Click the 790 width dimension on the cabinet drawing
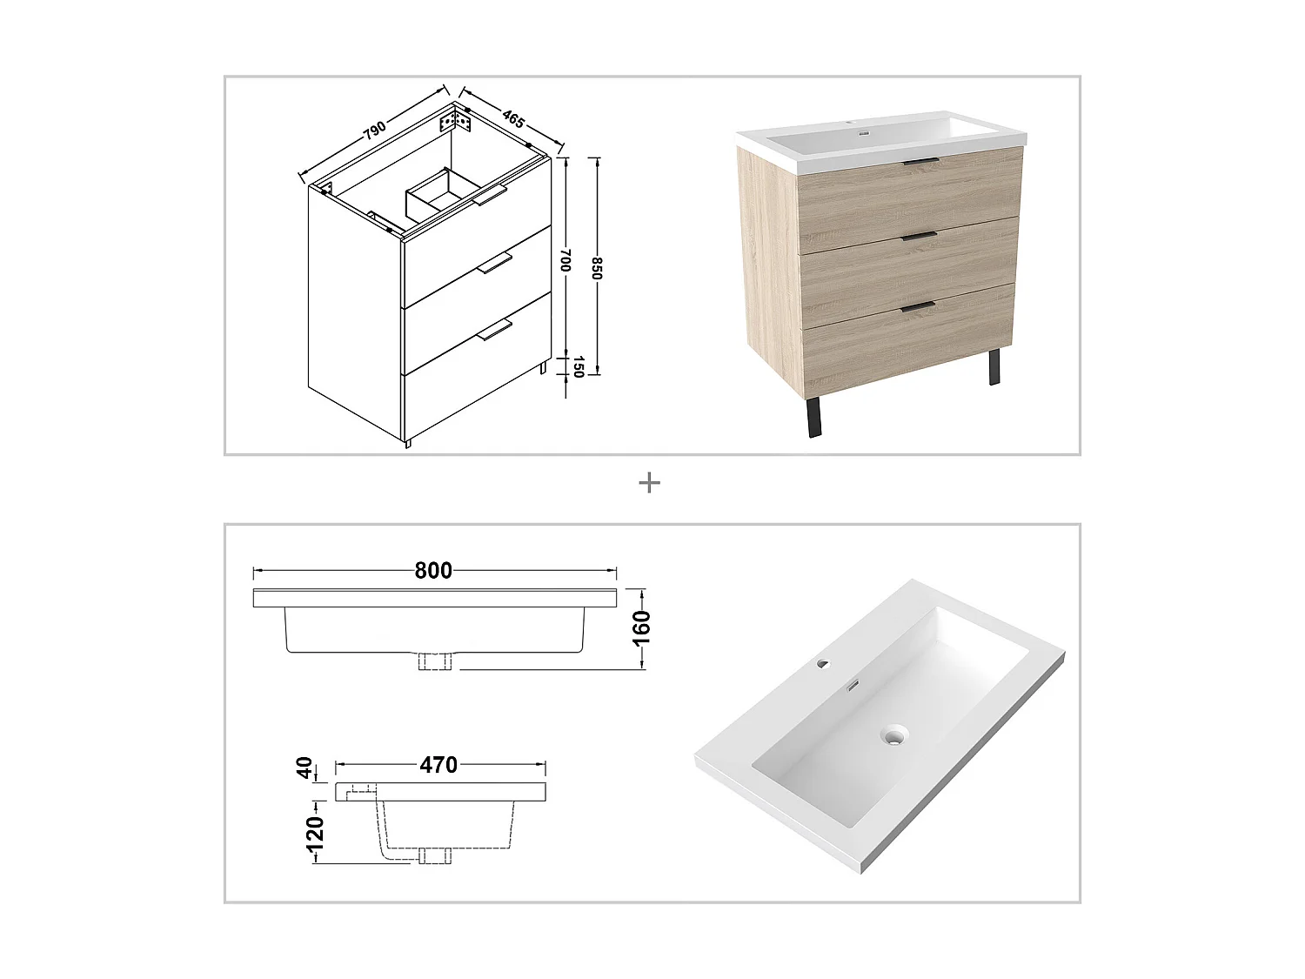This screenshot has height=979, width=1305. tap(374, 131)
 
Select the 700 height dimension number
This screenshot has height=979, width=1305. tap(565, 261)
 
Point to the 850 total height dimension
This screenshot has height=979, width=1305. tap(597, 268)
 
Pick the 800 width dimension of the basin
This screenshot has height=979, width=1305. tap(433, 571)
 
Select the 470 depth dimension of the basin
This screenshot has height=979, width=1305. tap(438, 765)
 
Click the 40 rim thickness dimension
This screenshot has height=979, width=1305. tap(304, 768)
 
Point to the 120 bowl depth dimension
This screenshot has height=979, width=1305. tap(315, 833)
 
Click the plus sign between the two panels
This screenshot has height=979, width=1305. tap(649, 483)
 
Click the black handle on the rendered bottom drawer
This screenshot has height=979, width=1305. tap(919, 305)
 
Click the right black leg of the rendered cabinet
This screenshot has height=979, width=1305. tap(993, 367)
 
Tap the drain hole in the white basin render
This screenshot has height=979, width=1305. tap(893, 735)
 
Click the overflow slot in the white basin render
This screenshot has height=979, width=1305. tap(853, 686)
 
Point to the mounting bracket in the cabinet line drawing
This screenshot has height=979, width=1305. tap(460, 120)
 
